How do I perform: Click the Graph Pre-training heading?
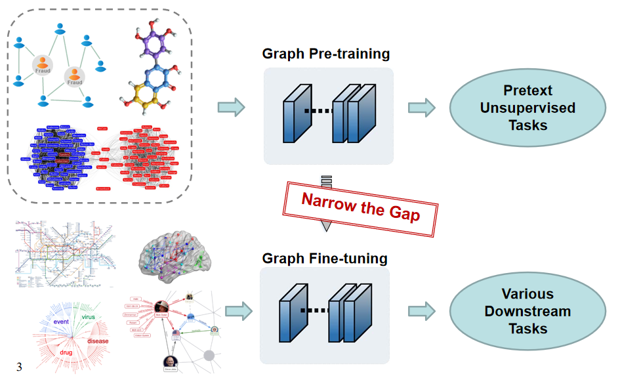[325, 54]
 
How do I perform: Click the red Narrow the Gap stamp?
[361, 206]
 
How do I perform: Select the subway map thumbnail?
[64, 253]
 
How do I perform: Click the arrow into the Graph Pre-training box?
[230, 107]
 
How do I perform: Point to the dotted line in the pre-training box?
[319, 111]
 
